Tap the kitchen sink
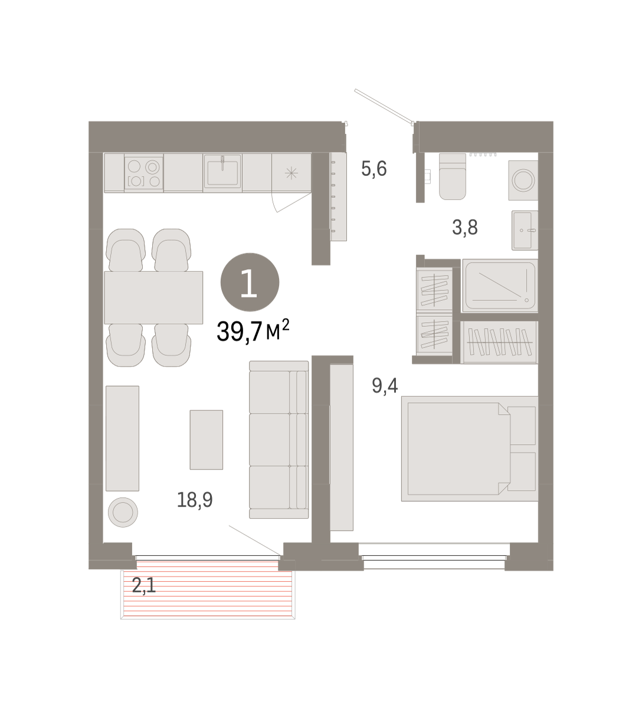222,172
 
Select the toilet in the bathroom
453,176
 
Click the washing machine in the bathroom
523,181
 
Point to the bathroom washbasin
525,231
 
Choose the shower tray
500,286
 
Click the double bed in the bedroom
470,448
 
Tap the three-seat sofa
279,440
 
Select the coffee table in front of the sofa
207,440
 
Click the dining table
153,297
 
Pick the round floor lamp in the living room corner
123,513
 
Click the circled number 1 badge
250,283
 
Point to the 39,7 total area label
253,331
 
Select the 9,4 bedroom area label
385,386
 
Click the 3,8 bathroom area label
465,228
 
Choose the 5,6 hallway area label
374,169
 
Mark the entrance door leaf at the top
384,106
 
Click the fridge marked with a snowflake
291,173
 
